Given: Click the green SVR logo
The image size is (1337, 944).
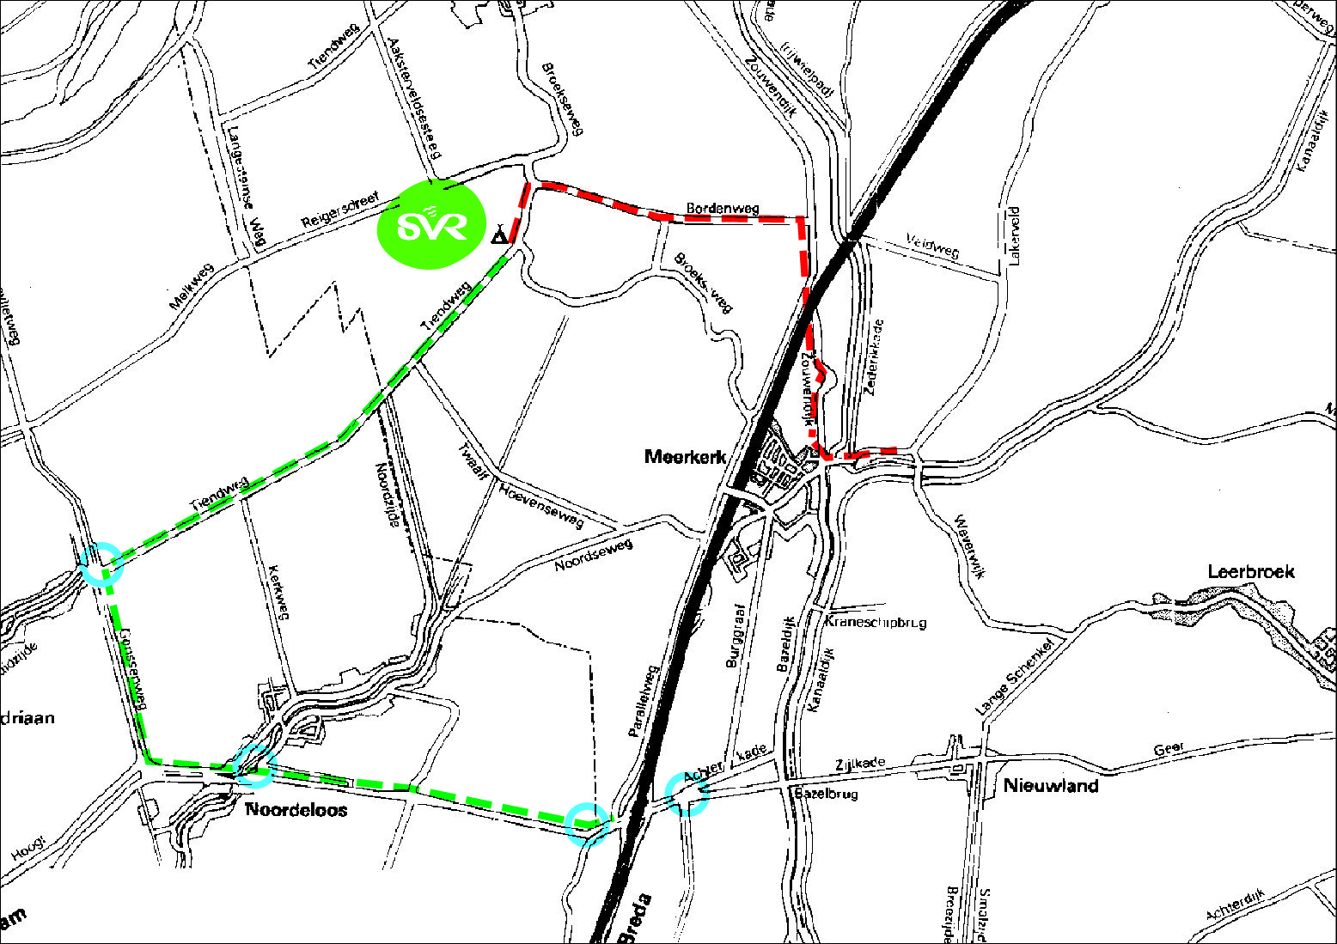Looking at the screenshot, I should click(x=431, y=225).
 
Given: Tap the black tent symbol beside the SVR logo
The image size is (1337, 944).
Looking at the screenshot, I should click(x=499, y=234).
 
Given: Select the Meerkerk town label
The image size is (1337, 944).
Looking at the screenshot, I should click(x=685, y=457).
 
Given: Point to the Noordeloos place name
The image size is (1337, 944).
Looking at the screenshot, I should click(x=296, y=809).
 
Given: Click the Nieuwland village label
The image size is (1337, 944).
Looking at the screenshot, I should click(x=1051, y=785).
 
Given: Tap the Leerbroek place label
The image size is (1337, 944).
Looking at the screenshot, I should click(x=1250, y=571).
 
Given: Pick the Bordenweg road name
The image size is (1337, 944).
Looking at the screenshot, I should click(x=723, y=208).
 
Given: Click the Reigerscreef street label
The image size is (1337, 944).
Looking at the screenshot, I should click(x=340, y=211).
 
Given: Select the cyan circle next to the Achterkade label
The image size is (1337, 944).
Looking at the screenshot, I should click(x=687, y=794).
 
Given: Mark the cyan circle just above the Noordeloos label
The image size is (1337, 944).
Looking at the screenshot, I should click(x=253, y=765).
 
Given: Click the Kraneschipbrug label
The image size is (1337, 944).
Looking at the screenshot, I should click(x=876, y=622).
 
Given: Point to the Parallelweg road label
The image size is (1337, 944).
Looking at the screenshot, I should click(x=643, y=700).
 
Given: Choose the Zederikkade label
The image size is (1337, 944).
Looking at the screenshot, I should click(x=875, y=357).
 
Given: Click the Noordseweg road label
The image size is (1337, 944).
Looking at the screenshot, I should click(x=593, y=555).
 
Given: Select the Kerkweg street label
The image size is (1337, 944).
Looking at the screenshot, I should click(x=278, y=592).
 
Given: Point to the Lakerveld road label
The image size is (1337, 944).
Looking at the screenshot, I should click(x=1015, y=235).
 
